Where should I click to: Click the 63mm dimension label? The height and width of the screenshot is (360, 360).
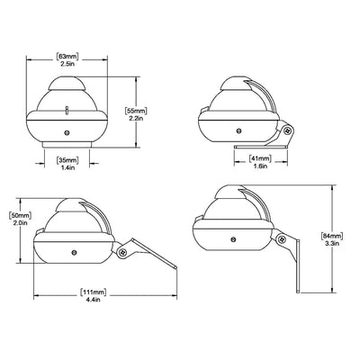(67, 57)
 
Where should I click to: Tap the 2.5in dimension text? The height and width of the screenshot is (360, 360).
(67, 63)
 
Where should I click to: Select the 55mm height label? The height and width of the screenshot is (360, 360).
(136, 112)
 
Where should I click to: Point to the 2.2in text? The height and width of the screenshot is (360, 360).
(136, 118)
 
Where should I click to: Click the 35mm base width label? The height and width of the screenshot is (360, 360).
(67, 160)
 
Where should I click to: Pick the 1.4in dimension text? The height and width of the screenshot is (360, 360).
(67, 167)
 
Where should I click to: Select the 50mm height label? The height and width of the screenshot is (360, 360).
(21, 216)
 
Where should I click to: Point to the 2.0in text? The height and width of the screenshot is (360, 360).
(21, 222)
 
